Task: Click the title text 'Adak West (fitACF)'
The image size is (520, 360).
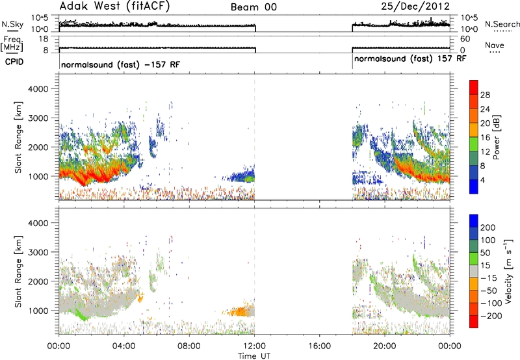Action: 114,6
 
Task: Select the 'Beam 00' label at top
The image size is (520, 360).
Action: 253,7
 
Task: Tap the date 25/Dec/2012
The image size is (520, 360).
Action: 415,6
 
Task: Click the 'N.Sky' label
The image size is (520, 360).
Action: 12,24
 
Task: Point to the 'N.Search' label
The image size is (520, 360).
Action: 502,24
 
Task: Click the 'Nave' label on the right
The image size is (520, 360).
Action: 495,45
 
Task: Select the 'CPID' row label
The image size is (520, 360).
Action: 14,62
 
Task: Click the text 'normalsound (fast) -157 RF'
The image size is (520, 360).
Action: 121,64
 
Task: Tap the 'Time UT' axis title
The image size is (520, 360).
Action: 254,356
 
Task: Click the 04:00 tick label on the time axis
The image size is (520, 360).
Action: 124,346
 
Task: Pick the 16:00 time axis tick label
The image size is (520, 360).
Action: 319,346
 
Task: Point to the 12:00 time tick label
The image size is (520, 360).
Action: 254,346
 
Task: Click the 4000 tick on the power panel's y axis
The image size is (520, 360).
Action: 38,89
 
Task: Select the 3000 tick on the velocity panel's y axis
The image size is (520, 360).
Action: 38,252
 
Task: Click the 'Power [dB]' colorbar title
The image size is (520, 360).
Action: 496,137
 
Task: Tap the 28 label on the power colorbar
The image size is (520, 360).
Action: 485,95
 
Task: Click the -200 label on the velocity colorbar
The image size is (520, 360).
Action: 491,316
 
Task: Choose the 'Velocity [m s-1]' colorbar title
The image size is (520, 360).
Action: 508,271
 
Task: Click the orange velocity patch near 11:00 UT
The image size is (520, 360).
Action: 239,312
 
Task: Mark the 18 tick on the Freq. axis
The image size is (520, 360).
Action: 44,39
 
